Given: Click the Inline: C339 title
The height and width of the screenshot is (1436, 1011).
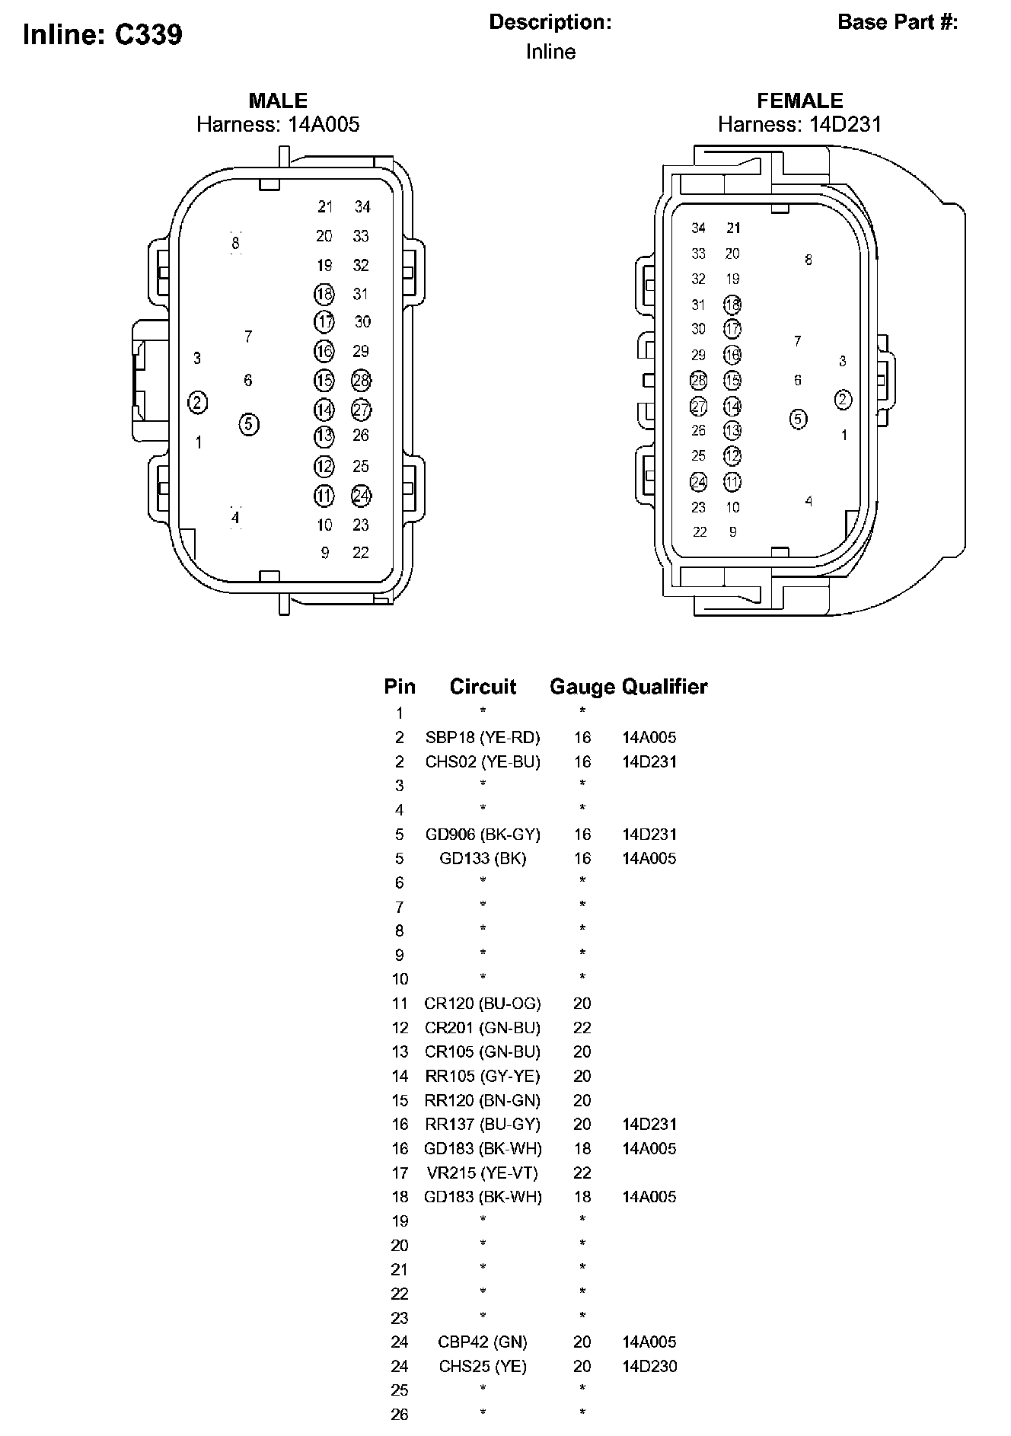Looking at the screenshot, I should [x=103, y=35].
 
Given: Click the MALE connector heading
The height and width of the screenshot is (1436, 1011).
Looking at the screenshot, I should [x=278, y=101].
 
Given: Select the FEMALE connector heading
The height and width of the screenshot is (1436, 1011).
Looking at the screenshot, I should [x=799, y=101].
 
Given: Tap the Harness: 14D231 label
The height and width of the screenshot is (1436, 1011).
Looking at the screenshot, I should [x=799, y=124].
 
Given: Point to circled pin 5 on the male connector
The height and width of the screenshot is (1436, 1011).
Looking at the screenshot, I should [x=249, y=424].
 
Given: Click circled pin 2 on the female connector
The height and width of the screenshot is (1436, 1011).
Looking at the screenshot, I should [x=843, y=400].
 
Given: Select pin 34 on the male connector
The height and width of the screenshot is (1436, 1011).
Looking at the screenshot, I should [x=362, y=206].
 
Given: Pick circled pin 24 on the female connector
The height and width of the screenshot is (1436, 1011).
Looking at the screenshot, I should [x=698, y=482].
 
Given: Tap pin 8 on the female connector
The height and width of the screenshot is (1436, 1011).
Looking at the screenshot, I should [x=808, y=260].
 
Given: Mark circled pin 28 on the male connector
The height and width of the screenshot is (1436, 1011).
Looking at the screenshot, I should [x=361, y=380].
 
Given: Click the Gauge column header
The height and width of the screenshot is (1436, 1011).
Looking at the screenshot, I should [x=582, y=687].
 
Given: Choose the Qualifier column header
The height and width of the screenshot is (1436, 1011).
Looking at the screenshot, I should [x=665, y=687].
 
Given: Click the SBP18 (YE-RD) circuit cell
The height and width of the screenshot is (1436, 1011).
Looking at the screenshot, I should [x=483, y=737].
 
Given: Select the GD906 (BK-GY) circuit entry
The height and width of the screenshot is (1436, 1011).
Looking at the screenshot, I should [x=483, y=834].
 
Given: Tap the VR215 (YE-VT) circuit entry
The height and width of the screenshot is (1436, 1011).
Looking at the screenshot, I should [x=483, y=1173].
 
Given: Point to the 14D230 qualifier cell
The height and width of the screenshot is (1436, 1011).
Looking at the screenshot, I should [x=649, y=1367].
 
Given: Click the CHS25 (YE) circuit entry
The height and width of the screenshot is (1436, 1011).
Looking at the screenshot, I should [x=483, y=1367].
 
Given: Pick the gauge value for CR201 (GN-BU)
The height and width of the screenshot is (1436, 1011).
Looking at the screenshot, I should [x=582, y=1028].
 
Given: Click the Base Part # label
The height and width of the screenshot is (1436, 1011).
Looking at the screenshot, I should [x=898, y=22].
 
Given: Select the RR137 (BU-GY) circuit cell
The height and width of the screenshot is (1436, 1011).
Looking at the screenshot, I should [x=483, y=1125].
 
